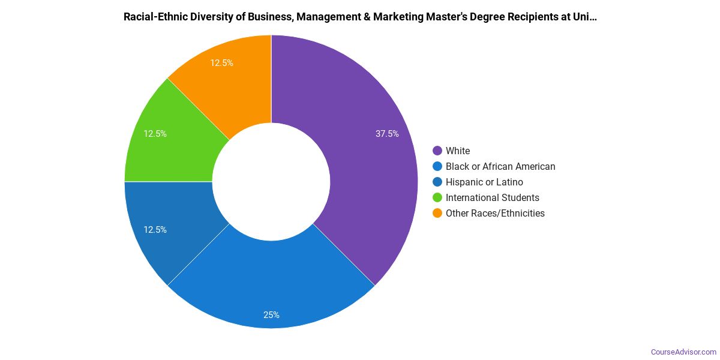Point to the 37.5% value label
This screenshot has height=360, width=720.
[x=387, y=134]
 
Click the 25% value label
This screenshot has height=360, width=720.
[x=271, y=315]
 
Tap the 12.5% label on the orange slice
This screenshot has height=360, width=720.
[x=221, y=62]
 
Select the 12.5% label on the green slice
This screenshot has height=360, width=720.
[x=155, y=134]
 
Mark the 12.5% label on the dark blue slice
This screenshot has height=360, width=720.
[x=155, y=230]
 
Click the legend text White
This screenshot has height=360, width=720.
[x=458, y=151]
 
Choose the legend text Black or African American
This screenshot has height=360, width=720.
[x=500, y=166]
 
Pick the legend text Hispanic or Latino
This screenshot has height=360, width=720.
[x=484, y=182]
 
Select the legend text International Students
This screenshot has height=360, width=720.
[x=492, y=197]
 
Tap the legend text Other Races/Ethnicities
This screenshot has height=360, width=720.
[x=495, y=213]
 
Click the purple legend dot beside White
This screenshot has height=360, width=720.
[x=437, y=151]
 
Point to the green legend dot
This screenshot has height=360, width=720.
[x=437, y=197]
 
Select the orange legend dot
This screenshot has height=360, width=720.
[x=437, y=213]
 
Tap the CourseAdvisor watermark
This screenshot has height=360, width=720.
[x=683, y=352]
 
